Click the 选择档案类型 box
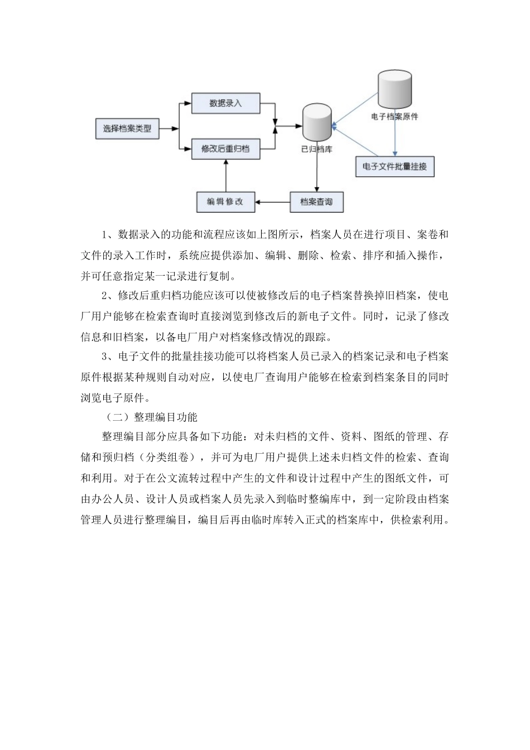127,129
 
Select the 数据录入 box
225,103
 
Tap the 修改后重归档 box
225,149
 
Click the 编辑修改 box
225,201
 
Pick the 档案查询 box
316,201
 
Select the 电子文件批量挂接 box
394,166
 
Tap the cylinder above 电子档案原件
394,89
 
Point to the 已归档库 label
316,149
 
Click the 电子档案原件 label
394,117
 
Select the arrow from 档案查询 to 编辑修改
273,201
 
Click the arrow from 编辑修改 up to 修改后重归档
225,176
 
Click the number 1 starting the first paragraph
104,235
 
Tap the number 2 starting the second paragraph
104,296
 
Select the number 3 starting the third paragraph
104,357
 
